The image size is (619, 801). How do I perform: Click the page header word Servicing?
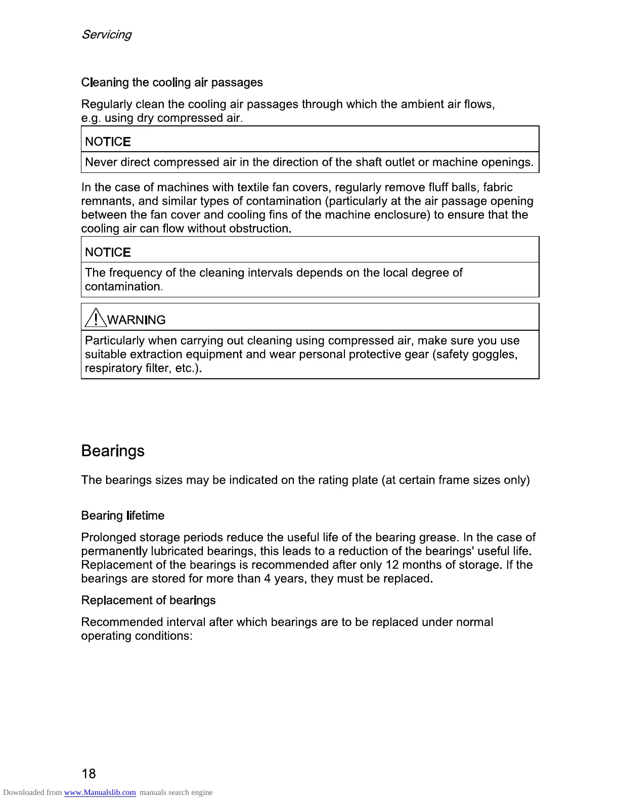[106, 34]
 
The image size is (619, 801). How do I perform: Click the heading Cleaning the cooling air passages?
[172, 82]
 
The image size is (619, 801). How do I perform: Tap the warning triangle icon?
[95, 319]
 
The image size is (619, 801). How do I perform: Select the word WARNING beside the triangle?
[137, 320]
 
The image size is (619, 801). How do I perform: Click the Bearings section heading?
[113, 451]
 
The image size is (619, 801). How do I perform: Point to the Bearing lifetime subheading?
[123, 516]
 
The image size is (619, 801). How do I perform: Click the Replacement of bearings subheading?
[148, 600]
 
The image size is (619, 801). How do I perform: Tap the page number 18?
[89, 773]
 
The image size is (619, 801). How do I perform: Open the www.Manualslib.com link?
[100, 792]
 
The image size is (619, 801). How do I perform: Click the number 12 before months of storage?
[392, 565]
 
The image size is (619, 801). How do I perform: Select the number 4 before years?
[268, 579]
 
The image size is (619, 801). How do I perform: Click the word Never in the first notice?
[101, 162]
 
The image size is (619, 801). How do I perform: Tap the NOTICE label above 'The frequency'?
[108, 252]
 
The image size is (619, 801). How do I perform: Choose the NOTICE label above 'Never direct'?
[108, 142]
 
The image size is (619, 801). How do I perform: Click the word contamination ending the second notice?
[123, 287]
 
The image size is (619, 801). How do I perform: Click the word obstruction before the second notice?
[259, 229]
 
